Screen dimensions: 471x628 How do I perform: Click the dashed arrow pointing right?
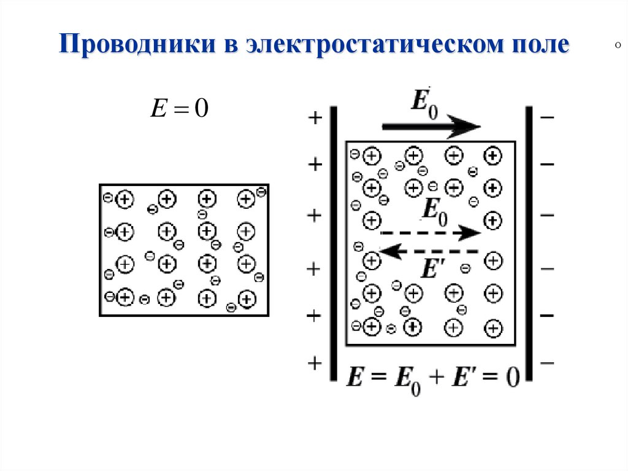tap(430, 233)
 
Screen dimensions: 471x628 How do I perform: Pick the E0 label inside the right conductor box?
tap(435, 212)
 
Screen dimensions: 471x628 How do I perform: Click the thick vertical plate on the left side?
tap(334, 243)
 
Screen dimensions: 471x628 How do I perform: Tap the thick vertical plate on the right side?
tap(529, 243)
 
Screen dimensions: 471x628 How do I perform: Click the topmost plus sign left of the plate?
tap(315, 118)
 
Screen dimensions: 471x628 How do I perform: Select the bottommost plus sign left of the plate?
tap(315, 364)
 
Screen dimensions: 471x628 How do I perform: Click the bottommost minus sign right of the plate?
tap(547, 364)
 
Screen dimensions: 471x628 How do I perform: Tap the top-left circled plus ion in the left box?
tap(124, 198)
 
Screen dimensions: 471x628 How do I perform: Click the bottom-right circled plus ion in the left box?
tap(247, 299)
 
